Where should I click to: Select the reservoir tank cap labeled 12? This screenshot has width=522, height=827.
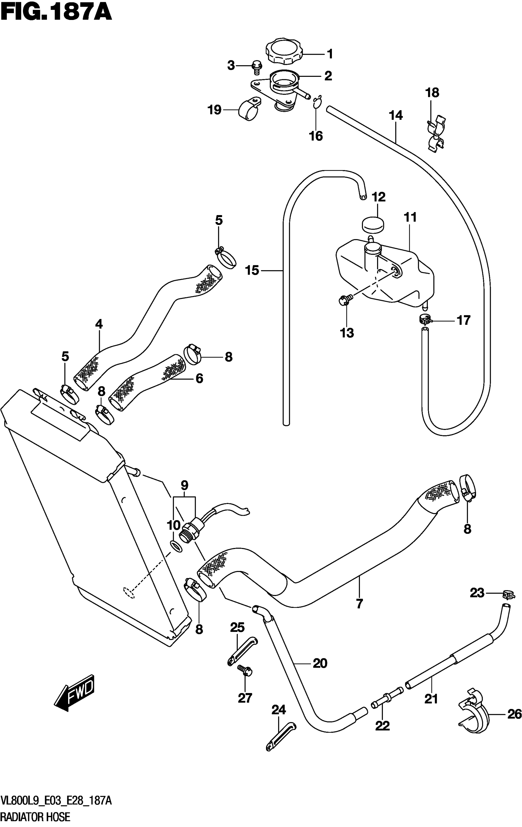coord(373,225)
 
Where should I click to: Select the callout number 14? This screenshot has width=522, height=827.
coord(396,116)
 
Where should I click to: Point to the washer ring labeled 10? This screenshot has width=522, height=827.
coord(176,546)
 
